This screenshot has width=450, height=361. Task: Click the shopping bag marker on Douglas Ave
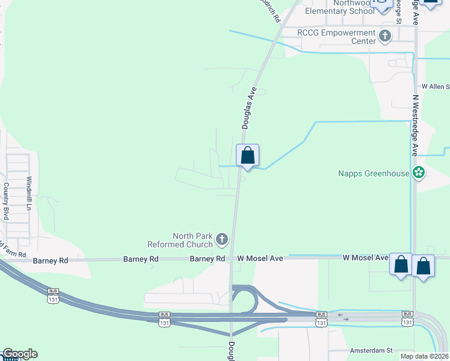pyautogui.click(x=247, y=156)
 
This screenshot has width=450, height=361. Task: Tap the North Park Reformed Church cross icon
pyautogui.click(x=221, y=240)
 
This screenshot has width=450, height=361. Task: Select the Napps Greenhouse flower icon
pyautogui.click(x=419, y=174)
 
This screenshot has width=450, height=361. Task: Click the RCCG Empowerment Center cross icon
pyautogui.click(x=385, y=37)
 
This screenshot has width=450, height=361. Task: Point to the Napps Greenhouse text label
pyautogui.click(x=374, y=174)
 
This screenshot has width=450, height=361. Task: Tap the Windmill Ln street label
pyautogui.click(x=28, y=193)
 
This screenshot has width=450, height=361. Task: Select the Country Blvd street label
pyautogui.click(x=7, y=200)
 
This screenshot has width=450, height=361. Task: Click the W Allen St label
pyautogui.click(x=436, y=87)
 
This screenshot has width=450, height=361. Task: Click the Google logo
pyautogui.click(x=19, y=354)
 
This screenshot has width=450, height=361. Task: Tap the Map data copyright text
pyautogui.click(x=425, y=356)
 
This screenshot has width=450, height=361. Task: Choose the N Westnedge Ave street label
pyautogui.click(x=415, y=125)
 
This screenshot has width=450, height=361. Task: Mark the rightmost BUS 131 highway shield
pyautogui.click(x=408, y=319)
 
